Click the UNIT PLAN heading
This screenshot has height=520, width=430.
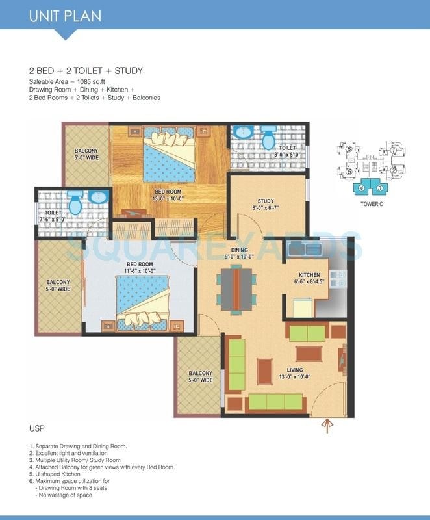coord(65,16)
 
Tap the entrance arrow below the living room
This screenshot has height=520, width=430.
coord(327,426)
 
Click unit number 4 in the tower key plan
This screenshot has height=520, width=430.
coord(360,188)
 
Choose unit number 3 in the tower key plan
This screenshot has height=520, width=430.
coord(379,188)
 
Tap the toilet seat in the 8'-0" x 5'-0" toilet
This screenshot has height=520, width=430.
coord(266,140)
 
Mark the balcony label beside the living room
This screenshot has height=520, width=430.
coord(200,378)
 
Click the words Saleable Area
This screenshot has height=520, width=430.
coord(49,81)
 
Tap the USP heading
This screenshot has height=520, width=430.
coord(36,430)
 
